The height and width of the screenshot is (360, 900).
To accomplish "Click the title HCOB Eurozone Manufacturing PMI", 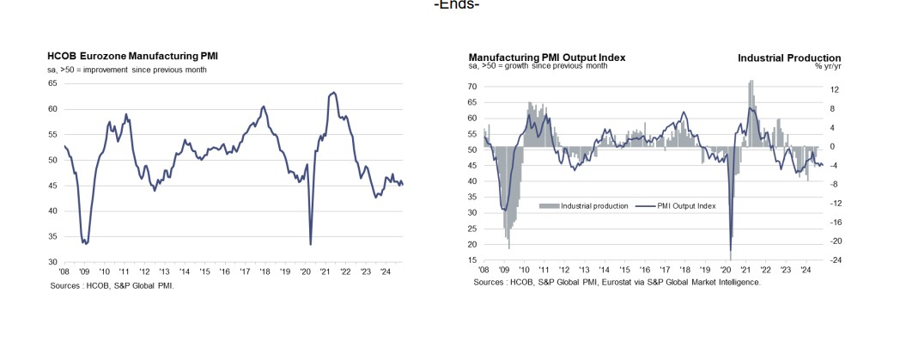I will (132, 57).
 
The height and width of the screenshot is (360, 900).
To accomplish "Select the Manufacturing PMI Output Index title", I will (546, 57).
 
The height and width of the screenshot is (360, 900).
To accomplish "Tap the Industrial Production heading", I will (789, 57).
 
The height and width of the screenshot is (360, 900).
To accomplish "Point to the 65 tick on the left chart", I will (52, 83).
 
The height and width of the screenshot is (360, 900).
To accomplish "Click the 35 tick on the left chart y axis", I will (52, 236).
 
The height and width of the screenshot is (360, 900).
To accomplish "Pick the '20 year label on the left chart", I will (305, 272).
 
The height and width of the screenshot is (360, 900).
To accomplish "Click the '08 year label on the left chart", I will (64, 272).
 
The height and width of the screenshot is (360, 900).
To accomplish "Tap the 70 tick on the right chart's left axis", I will (473, 87).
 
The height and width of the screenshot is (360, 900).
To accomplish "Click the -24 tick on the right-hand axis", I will (836, 259).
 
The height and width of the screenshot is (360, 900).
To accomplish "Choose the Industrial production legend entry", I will (584, 206).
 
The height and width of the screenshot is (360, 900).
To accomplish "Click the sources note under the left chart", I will (112, 284).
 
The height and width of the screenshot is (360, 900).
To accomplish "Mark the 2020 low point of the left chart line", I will (310, 244).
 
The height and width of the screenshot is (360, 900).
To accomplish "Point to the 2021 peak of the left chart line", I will (332, 92).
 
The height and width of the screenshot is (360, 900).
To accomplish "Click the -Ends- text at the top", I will (457, 5).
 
